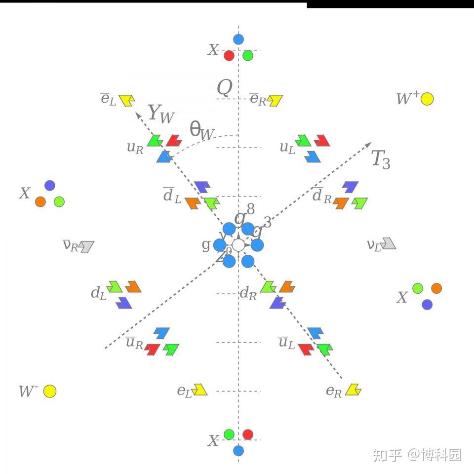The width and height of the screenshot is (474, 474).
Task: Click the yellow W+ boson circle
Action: pos(428,99)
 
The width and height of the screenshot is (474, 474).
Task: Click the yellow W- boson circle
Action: pos(49,392)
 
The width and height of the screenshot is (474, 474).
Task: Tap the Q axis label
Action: pos(225,88)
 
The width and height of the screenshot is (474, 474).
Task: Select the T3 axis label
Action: pos(381,159)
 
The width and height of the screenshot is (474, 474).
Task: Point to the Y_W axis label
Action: pos(161,115)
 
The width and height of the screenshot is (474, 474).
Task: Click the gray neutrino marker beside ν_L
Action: pos(389,243)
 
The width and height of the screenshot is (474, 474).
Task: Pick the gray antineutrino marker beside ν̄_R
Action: pos(87,246)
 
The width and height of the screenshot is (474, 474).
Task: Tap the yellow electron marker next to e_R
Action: pos(354,390)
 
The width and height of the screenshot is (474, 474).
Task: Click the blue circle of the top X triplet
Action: pos(238,39)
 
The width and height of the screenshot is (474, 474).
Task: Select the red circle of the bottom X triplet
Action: pos(248,434)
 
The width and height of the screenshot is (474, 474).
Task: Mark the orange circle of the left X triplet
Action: pos(40,201)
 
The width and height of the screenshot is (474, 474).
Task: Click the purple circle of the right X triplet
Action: pos(427,304)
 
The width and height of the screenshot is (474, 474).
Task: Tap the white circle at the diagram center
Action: pos(238,245)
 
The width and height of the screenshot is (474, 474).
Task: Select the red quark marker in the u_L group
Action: pos(322,141)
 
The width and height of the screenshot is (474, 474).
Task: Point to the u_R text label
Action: pos(135,147)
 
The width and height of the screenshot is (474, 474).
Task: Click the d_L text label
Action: pos(98,293)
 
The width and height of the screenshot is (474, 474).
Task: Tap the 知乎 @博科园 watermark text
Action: pos(417,454)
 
